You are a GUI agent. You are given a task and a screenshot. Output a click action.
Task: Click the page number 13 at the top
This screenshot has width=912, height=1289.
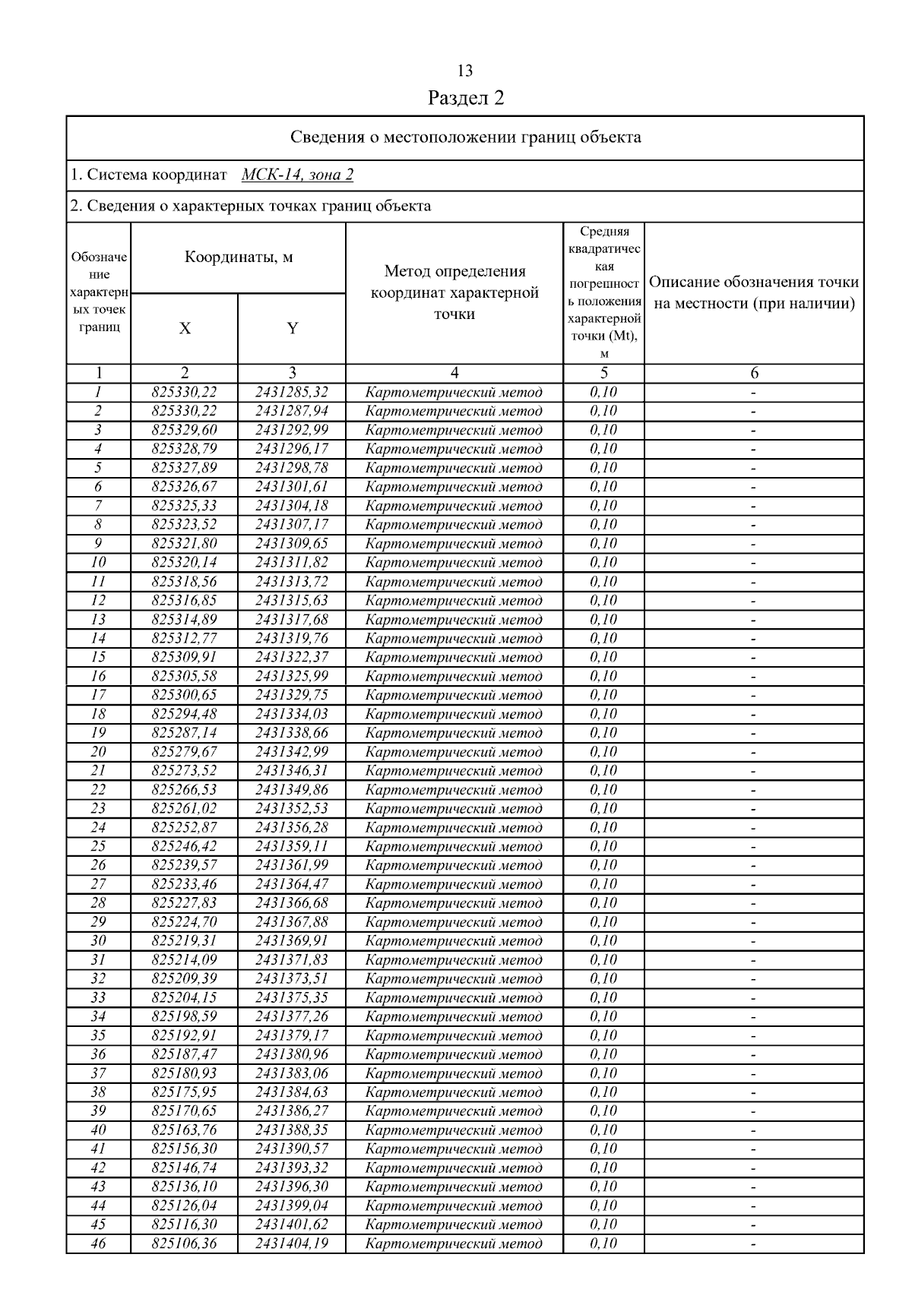click(465, 71)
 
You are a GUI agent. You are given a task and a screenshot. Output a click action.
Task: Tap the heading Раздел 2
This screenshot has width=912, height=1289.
click(465, 98)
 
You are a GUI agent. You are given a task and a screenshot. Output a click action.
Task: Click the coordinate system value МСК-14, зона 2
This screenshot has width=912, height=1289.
click(297, 175)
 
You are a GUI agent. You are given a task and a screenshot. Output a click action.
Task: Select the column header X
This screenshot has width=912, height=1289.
click(185, 328)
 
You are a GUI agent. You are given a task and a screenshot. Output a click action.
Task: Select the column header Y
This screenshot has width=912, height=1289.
click(292, 328)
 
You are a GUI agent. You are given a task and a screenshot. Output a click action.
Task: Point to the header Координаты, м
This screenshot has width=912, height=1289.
click(239, 257)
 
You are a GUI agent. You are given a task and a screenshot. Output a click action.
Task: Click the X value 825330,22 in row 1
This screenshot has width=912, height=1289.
click(185, 392)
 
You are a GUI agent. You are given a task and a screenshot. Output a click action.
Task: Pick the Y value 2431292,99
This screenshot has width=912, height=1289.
click(292, 430)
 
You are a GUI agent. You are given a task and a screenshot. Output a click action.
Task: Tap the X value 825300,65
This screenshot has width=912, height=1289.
click(185, 695)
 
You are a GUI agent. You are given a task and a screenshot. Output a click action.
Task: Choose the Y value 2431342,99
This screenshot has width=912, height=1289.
click(292, 752)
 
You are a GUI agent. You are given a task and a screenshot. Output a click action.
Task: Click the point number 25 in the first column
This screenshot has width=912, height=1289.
click(98, 846)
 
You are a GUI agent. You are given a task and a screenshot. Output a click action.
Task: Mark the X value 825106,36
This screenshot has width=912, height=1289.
click(185, 1243)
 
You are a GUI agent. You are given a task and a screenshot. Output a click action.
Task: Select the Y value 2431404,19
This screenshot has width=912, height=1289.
click(292, 1243)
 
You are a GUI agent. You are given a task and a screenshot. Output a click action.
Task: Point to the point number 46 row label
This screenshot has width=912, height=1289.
click(98, 1243)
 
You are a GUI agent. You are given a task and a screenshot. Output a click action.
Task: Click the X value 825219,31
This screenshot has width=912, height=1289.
click(185, 941)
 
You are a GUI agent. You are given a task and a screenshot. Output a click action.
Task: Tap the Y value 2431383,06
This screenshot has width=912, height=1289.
click(292, 1073)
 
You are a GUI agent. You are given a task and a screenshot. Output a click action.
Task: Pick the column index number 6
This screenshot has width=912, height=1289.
click(754, 373)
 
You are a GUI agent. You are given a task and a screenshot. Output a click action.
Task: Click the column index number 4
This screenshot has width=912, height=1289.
click(454, 373)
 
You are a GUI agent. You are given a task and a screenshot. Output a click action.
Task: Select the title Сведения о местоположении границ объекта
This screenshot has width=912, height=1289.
click(465, 137)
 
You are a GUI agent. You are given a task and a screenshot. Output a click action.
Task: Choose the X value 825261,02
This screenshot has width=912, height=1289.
click(185, 808)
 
